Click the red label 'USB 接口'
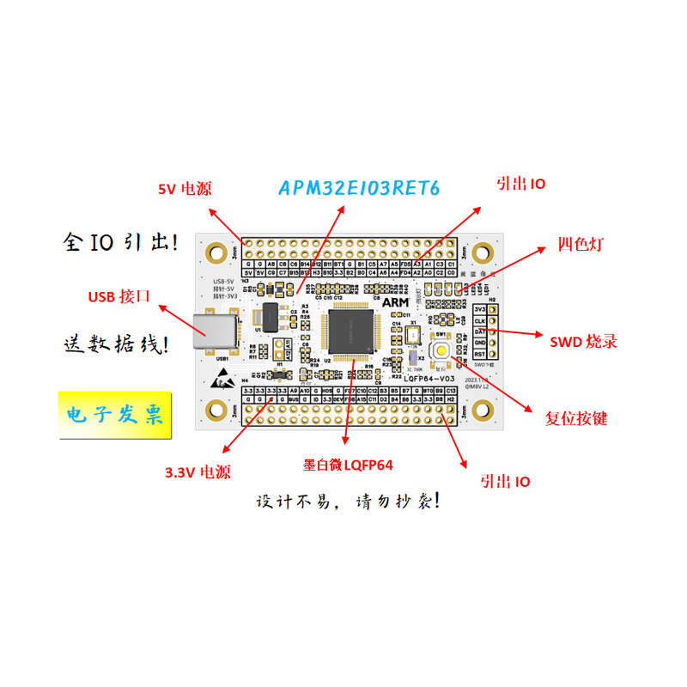click(x=120, y=297)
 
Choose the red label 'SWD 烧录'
click(x=583, y=341)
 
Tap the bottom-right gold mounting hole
click(x=483, y=410)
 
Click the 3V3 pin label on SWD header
click(x=480, y=309)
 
